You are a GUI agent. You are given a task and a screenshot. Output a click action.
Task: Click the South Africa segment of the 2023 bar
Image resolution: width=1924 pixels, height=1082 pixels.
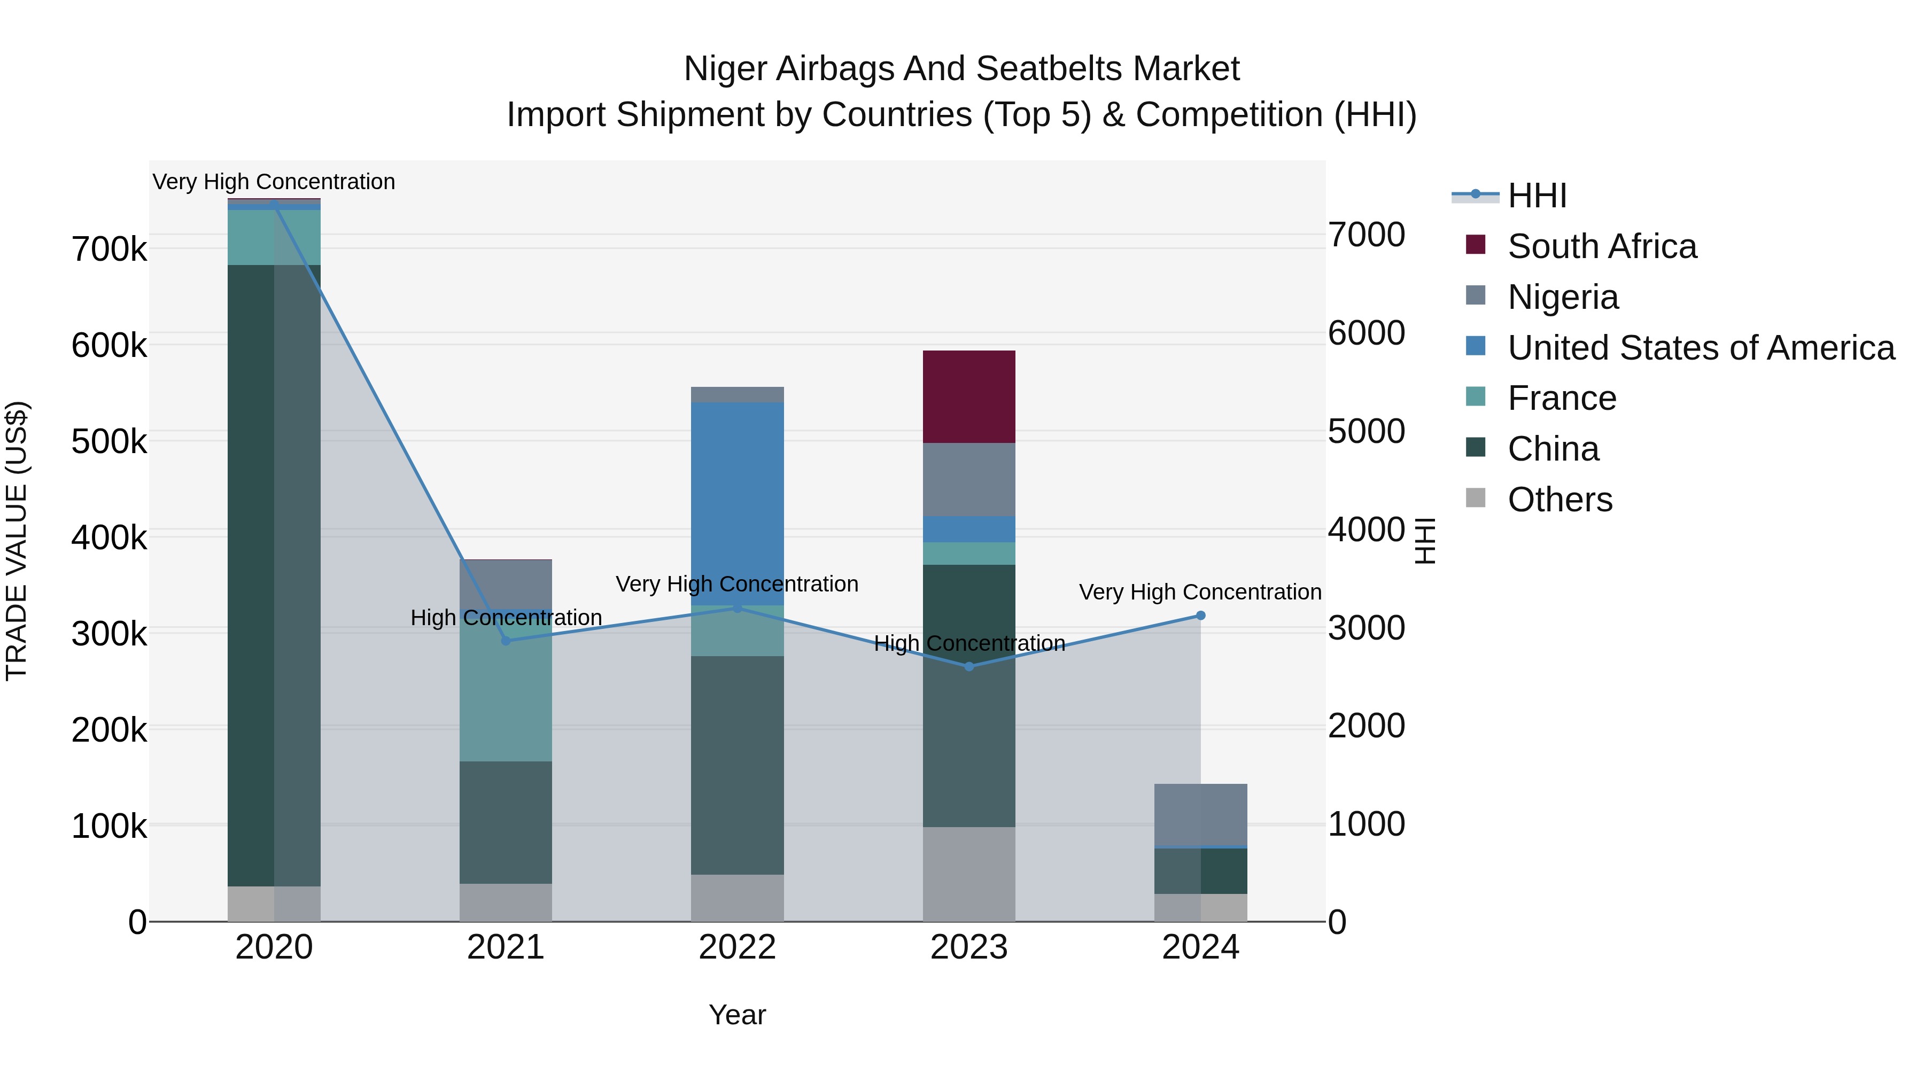[x=969, y=396]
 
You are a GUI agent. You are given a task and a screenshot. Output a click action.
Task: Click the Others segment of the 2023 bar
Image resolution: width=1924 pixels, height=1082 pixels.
[x=969, y=874]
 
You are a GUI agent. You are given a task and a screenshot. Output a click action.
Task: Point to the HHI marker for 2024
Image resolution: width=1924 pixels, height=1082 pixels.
[x=1200, y=616]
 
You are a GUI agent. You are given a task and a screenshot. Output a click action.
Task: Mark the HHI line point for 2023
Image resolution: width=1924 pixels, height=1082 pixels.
[x=969, y=666]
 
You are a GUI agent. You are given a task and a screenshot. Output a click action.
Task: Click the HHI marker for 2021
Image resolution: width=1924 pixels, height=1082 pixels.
[x=506, y=641]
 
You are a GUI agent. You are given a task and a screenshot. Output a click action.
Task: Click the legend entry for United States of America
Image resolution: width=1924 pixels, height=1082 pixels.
[x=1700, y=348]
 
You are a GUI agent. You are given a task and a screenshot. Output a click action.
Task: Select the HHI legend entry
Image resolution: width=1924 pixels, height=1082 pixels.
[x=1537, y=196]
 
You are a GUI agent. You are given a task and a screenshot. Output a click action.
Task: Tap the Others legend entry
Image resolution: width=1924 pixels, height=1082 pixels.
[x=1560, y=500]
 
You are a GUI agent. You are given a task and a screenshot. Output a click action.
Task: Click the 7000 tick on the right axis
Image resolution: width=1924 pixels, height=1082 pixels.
[x=1366, y=235]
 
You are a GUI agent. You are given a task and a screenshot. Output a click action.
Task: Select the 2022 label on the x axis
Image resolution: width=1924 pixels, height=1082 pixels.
[x=737, y=947]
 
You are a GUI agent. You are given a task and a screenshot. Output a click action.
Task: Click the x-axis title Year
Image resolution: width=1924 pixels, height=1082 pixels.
[x=737, y=1015]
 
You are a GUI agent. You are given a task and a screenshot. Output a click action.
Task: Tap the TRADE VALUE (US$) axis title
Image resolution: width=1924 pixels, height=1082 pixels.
[x=17, y=541]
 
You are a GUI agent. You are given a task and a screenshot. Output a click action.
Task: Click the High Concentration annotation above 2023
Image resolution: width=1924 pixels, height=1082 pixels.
[x=969, y=643]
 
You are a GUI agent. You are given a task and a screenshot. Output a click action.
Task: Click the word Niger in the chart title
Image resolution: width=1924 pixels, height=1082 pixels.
[x=725, y=69]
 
